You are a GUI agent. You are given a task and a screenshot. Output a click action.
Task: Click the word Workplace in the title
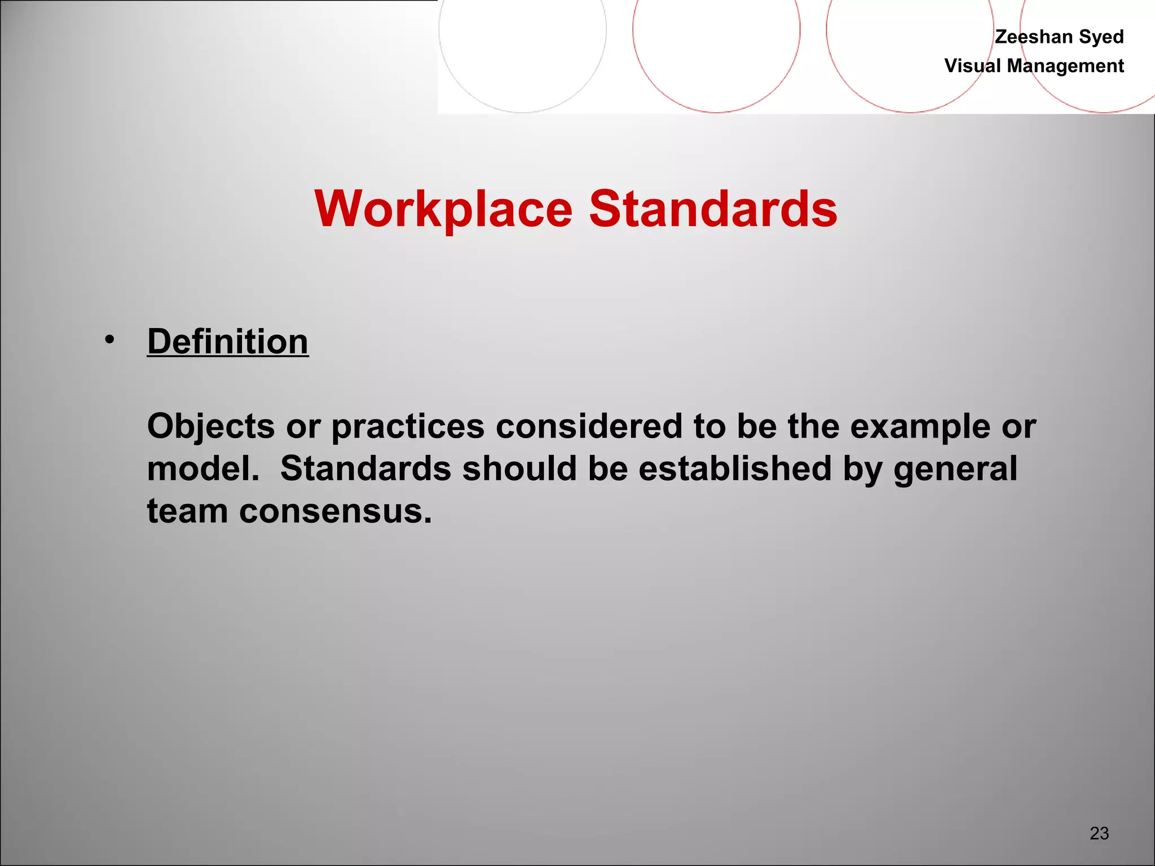click(444, 209)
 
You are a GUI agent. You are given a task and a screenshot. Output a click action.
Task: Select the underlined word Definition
click(228, 342)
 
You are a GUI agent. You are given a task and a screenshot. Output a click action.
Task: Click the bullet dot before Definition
click(109, 340)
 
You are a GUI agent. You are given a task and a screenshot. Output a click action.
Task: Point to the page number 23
click(1099, 833)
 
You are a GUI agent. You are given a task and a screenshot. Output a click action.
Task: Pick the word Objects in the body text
click(211, 426)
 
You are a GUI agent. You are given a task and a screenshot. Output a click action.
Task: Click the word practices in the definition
click(408, 427)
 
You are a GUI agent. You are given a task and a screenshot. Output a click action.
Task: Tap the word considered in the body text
click(589, 426)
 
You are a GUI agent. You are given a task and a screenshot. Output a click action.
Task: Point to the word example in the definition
click(920, 427)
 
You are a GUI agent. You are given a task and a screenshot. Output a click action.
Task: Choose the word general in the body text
click(955, 470)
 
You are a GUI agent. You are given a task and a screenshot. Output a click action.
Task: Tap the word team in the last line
click(187, 511)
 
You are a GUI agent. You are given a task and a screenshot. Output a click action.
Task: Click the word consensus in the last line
click(335, 512)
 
